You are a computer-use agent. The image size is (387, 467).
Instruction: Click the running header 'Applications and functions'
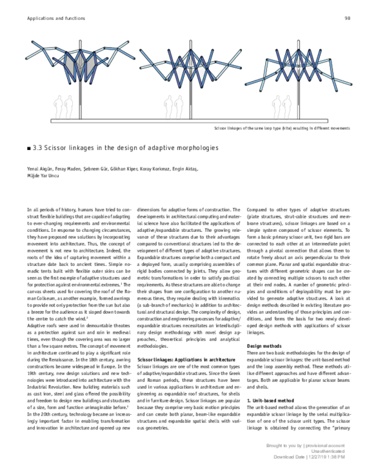[55, 19]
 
